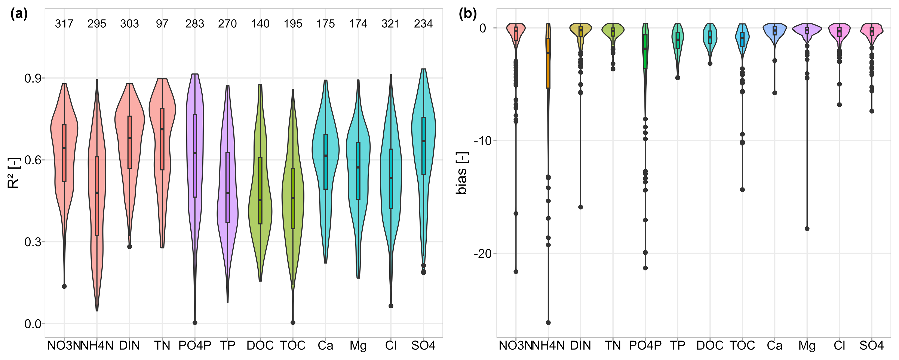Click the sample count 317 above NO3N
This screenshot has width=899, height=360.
tap(64, 24)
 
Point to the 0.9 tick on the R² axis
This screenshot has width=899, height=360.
tap(33, 78)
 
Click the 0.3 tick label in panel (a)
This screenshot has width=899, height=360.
tap(33, 242)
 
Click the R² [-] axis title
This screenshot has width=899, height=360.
tap(14, 173)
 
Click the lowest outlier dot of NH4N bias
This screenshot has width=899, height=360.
tap(548, 323)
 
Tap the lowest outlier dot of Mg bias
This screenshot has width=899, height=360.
tap(807, 229)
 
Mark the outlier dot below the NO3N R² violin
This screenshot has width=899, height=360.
tap(64, 286)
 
